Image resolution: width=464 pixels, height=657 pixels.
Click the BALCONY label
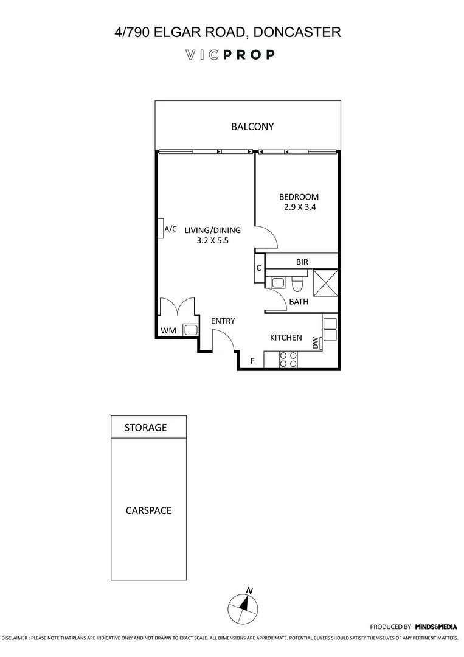click(x=252, y=127)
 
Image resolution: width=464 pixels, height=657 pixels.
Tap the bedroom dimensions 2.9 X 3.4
click(x=299, y=207)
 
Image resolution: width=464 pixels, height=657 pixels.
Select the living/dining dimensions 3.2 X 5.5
click(x=213, y=240)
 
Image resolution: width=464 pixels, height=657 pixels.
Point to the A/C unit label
click(x=171, y=229)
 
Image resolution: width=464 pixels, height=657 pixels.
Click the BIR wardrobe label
click(x=302, y=262)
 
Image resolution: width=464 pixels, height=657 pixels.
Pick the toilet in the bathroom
click(x=297, y=284)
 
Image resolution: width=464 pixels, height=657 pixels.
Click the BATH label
click(x=299, y=302)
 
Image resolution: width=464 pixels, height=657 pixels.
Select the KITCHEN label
click(x=286, y=338)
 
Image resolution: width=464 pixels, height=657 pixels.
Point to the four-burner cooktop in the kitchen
click(x=286, y=360)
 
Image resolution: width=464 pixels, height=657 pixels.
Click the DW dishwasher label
click(x=316, y=343)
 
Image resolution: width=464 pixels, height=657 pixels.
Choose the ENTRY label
click(x=223, y=321)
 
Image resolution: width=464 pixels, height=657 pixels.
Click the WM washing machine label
click(x=168, y=330)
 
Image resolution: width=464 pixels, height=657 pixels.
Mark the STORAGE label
click(x=145, y=428)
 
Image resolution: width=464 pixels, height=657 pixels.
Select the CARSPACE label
click(x=148, y=510)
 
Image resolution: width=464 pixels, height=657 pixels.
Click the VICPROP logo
click(x=230, y=55)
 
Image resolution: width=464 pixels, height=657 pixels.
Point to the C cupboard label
click(x=258, y=268)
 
